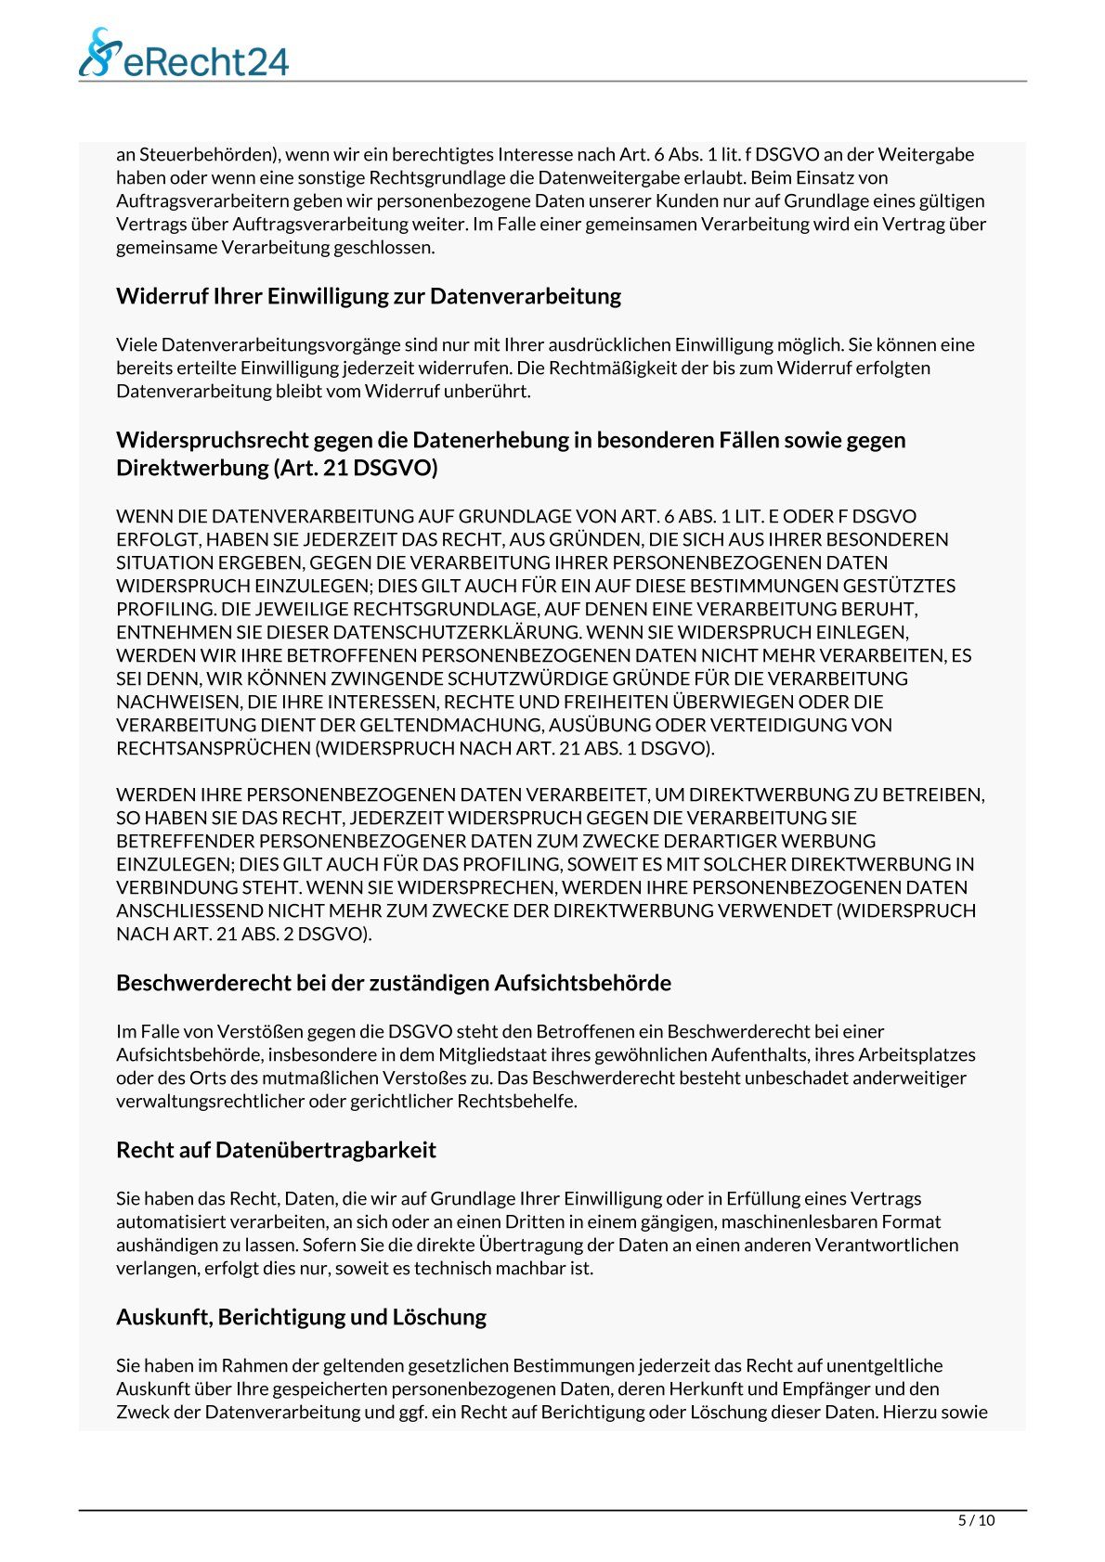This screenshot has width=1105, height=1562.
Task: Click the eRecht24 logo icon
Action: tap(100, 52)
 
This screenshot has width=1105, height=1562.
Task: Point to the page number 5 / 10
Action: tap(976, 1520)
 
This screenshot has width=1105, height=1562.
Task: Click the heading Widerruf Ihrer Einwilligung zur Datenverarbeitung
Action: tap(369, 296)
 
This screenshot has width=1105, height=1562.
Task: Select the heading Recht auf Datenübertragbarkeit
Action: tap(276, 1150)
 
